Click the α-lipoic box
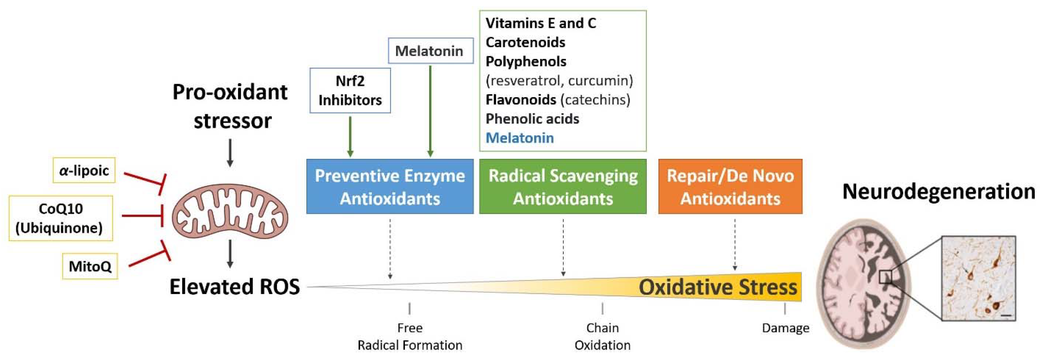tap(84, 170)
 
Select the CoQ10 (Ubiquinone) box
tap(61, 218)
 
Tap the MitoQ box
tap(90, 266)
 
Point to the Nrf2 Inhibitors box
tap(350, 90)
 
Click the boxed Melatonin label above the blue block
tap(430, 51)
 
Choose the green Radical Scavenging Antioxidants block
tap(562, 186)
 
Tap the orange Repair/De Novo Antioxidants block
tap(730, 186)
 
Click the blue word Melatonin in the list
tap(520, 138)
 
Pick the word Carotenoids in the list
tap(525, 42)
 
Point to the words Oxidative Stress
tap(717, 287)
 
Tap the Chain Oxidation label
tap(602, 337)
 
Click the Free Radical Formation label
tap(410, 337)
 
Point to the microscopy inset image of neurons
tap(979, 278)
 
